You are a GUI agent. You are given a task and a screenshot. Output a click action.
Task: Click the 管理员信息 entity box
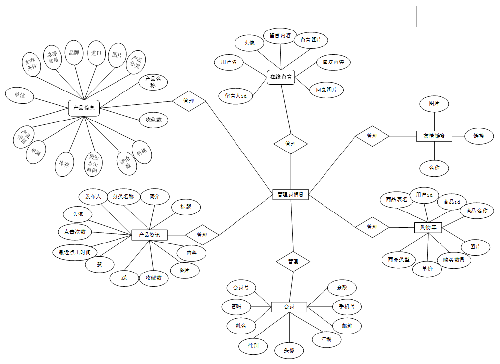tap(290, 194)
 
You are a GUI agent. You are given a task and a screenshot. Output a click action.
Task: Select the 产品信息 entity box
tap(84, 108)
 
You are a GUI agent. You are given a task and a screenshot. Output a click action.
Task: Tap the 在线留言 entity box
tap(281, 77)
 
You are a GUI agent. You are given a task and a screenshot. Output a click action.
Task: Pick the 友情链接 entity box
tap(434, 136)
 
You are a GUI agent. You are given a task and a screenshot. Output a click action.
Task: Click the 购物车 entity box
tap(428, 227)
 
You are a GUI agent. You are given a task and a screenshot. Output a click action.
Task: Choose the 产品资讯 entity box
tap(149, 235)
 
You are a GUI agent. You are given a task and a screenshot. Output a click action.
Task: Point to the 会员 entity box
tap(289, 307)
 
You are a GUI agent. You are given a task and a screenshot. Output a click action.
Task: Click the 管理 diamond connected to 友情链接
tap(372, 136)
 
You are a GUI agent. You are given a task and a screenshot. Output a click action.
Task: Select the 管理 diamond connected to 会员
tap(293, 261)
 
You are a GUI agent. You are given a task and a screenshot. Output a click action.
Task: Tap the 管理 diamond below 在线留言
tap(291, 144)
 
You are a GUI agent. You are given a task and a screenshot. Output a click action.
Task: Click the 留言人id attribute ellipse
tap(236, 96)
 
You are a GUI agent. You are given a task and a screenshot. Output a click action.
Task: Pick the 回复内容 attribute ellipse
tap(333, 62)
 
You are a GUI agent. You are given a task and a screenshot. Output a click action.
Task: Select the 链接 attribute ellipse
tap(479, 136)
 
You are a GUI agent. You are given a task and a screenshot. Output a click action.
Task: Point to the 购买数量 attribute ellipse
tap(453, 260)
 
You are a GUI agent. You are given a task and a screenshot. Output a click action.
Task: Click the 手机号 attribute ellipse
tap(347, 307)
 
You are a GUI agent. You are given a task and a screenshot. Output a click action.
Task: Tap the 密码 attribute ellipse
tap(236, 306)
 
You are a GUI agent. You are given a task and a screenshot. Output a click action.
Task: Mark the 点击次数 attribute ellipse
tap(75, 231)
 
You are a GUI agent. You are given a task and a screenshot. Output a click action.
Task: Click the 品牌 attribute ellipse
tap(74, 53)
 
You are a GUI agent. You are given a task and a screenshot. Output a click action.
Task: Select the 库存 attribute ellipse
tap(64, 163)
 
